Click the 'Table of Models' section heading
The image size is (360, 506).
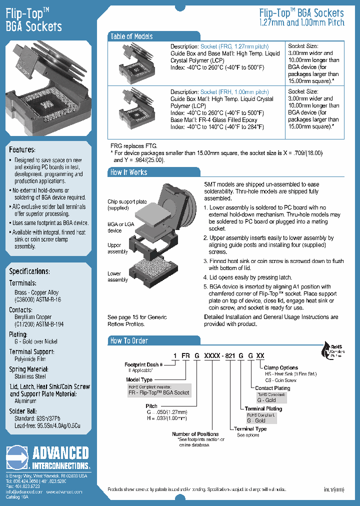coord(131,36)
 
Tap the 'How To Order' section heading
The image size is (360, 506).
coord(129,341)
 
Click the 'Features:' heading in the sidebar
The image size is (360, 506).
coord(22,149)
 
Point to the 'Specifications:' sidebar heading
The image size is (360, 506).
coord(29,271)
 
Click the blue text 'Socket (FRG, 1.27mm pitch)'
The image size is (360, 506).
coord(235,46)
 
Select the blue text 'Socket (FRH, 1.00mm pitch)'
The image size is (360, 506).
coord(234,92)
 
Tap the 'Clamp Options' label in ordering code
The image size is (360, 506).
coord(280,367)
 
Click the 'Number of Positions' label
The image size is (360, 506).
coord(195,434)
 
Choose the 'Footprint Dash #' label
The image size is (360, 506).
coord(144,364)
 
